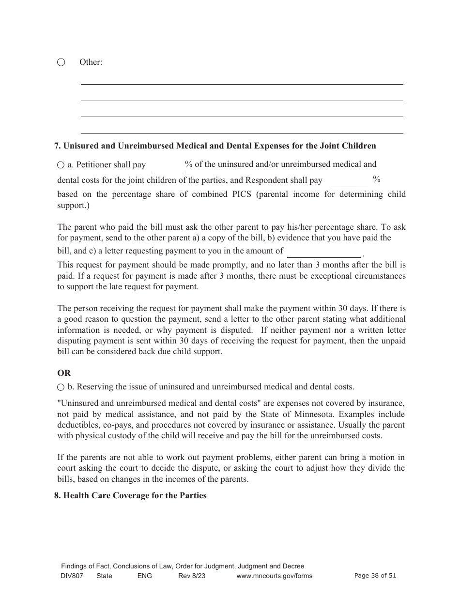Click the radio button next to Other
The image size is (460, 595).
(x=61, y=62)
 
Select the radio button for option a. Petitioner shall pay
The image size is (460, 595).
(x=61, y=165)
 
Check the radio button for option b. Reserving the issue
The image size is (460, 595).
(x=61, y=387)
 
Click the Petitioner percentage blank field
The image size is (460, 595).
(x=169, y=166)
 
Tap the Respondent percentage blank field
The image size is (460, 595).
(x=349, y=181)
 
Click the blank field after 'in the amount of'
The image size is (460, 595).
(x=323, y=252)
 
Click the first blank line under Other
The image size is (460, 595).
(x=242, y=80)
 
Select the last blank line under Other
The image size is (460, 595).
(x=242, y=128)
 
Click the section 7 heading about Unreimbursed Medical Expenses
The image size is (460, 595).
(x=215, y=146)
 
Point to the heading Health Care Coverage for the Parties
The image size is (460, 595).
(x=130, y=495)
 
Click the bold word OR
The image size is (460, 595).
(x=64, y=373)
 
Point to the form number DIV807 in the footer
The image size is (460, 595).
(x=73, y=576)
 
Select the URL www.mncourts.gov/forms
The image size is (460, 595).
(x=274, y=576)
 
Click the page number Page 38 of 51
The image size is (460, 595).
(x=375, y=576)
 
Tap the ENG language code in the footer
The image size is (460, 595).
(x=144, y=576)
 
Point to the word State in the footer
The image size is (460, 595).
(x=104, y=576)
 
